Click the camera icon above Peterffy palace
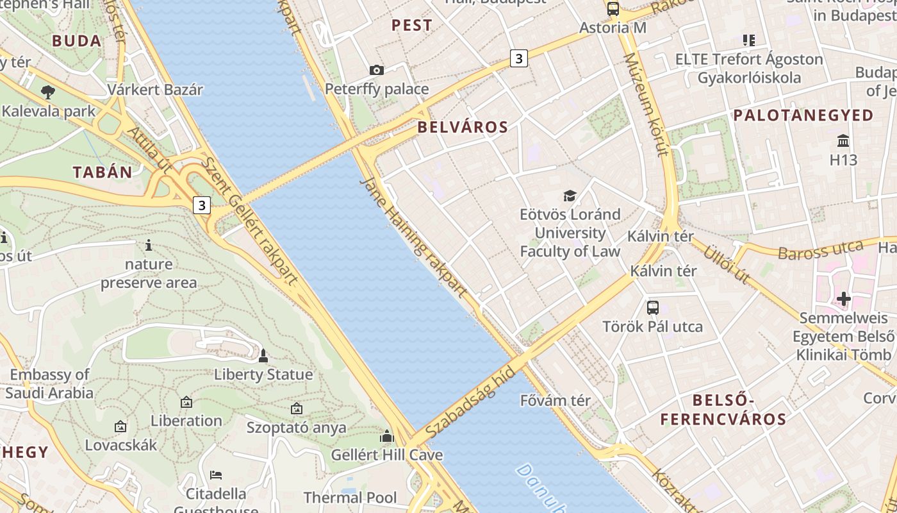click(x=377, y=70)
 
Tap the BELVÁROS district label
click(x=463, y=127)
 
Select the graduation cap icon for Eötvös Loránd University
click(x=570, y=196)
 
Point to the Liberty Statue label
click(x=263, y=374)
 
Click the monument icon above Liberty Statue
click(x=263, y=355)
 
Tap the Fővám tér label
click(x=555, y=401)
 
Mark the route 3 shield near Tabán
click(x=202, y=205)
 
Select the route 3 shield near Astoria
click(x=518, y=58)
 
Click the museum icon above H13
click(x=843, y=140)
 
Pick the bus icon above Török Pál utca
click(x=652, y=307)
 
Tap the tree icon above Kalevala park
click(x=47, y=92)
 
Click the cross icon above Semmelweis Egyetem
click(x=844, y=298)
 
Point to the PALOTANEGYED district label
click(x=803, y=115)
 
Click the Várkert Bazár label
click(x=155, y=90)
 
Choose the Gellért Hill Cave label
click(x=386, y=455)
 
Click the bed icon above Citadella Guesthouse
click(x=216, y=475)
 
